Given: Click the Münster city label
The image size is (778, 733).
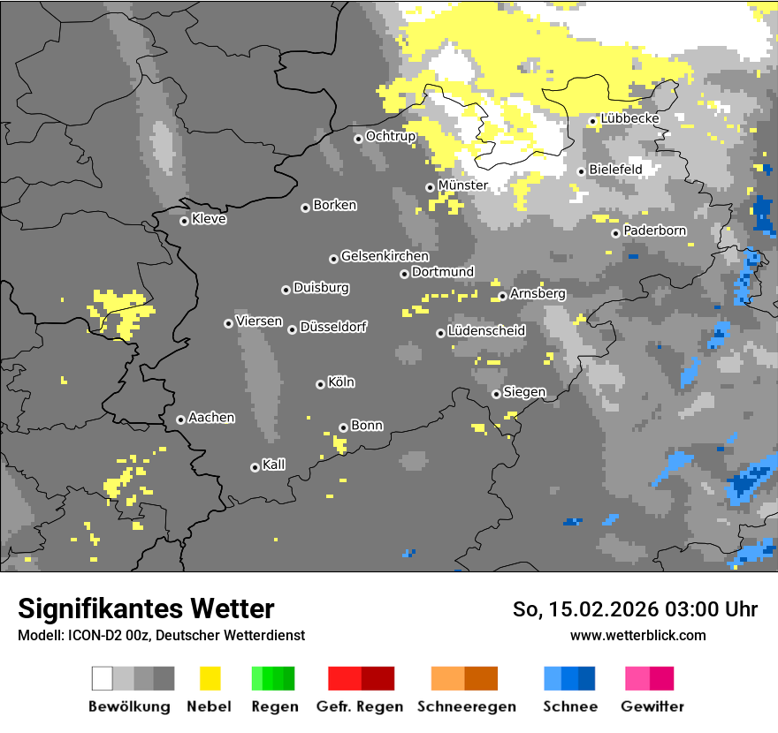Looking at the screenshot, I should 462,185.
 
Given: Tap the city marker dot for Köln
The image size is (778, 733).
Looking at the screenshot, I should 320,384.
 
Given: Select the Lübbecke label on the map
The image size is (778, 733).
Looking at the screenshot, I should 629,118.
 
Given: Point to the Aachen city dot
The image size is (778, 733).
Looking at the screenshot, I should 180,419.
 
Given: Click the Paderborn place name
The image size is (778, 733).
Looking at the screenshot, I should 654,230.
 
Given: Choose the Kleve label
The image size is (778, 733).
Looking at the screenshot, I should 209,219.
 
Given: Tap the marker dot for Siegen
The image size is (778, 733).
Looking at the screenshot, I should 496,394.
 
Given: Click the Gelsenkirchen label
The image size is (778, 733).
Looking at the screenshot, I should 385,256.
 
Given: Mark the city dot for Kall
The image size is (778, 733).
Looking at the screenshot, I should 255,467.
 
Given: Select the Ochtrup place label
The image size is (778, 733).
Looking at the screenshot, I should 390,136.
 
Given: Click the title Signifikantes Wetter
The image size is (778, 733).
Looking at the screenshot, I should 146,608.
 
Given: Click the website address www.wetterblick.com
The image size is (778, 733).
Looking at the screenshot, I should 637,635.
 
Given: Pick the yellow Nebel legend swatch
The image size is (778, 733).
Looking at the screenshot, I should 210,678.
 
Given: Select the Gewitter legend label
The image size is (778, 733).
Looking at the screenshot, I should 652,707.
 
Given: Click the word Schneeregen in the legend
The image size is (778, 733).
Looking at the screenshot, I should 465,707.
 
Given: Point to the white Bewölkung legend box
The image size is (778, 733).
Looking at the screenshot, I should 103,678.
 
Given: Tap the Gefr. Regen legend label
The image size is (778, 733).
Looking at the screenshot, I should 359,707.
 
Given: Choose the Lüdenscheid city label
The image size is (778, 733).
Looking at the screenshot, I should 486,330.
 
